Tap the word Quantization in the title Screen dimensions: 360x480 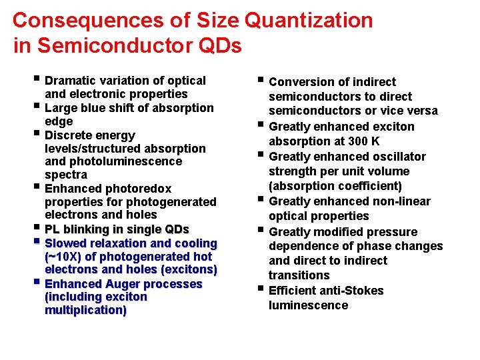(309, 20)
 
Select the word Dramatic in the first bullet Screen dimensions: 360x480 (73, 81)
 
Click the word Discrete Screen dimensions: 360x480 (70, 135)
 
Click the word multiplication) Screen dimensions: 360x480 (85, 311)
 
